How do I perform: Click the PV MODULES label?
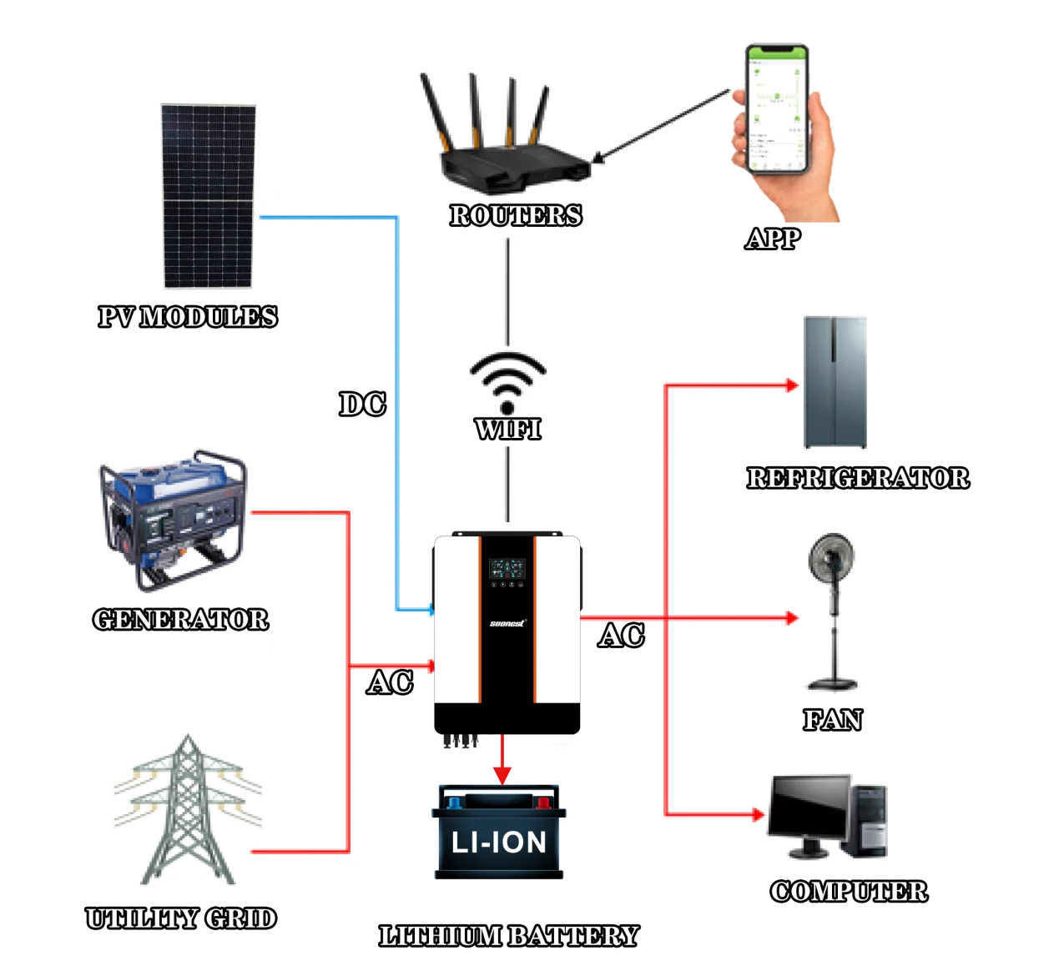coord(188,317)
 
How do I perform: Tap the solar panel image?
coord(208,196)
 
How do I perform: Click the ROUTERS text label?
coord(516,215)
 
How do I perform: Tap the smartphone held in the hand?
coord(778,108)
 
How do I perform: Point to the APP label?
coord(774,239)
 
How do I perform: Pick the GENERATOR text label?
coord(181,620)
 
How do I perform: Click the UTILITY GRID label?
coord(181,918)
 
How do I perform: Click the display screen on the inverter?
coord(507,569)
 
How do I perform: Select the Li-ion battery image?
coord(499,833)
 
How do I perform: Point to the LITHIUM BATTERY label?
coord(508,936)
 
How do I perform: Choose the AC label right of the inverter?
coord(622,636)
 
